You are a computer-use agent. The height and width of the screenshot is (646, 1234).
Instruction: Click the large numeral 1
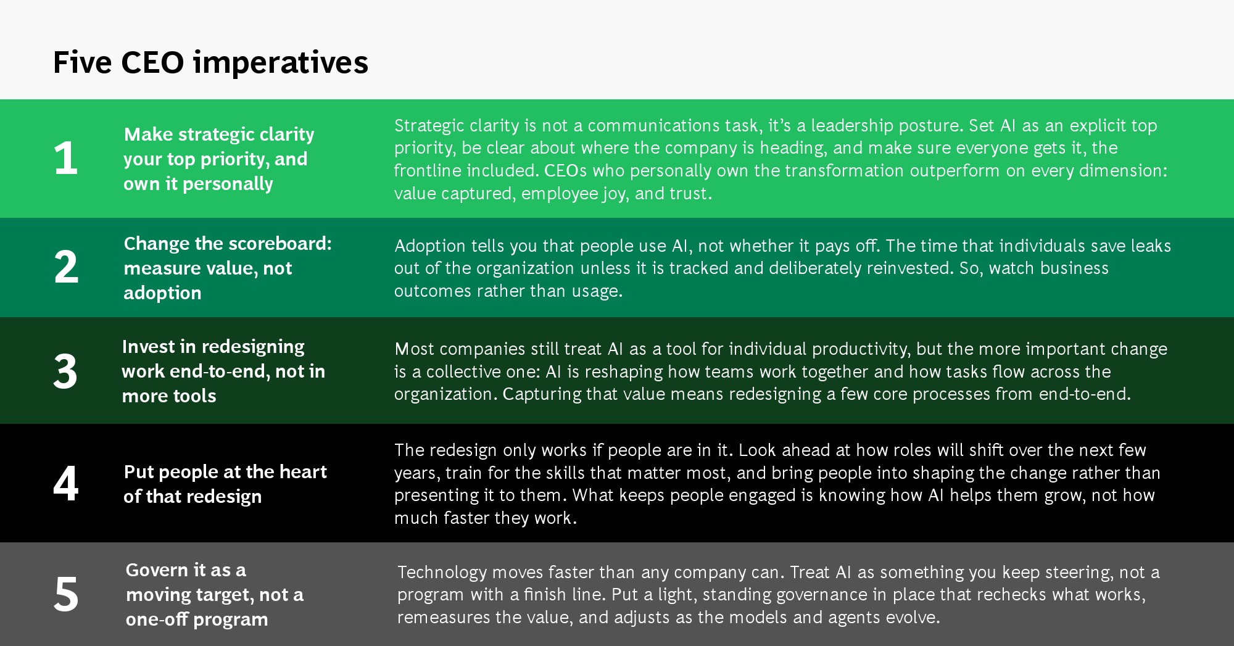coord(66,158)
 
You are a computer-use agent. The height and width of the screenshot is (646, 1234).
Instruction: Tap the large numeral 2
coord(66,267)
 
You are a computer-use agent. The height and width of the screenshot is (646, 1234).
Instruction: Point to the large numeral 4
coord(65,483)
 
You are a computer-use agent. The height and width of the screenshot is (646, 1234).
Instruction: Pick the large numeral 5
coord(66,594)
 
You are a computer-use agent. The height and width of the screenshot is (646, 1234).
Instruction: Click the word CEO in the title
coord(152,62)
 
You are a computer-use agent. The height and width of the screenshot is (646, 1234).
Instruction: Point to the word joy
coord(614,194)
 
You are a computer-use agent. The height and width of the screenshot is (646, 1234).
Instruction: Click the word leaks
coord(1151,246)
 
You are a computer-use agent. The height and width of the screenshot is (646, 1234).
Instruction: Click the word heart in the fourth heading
coord(303,472)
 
